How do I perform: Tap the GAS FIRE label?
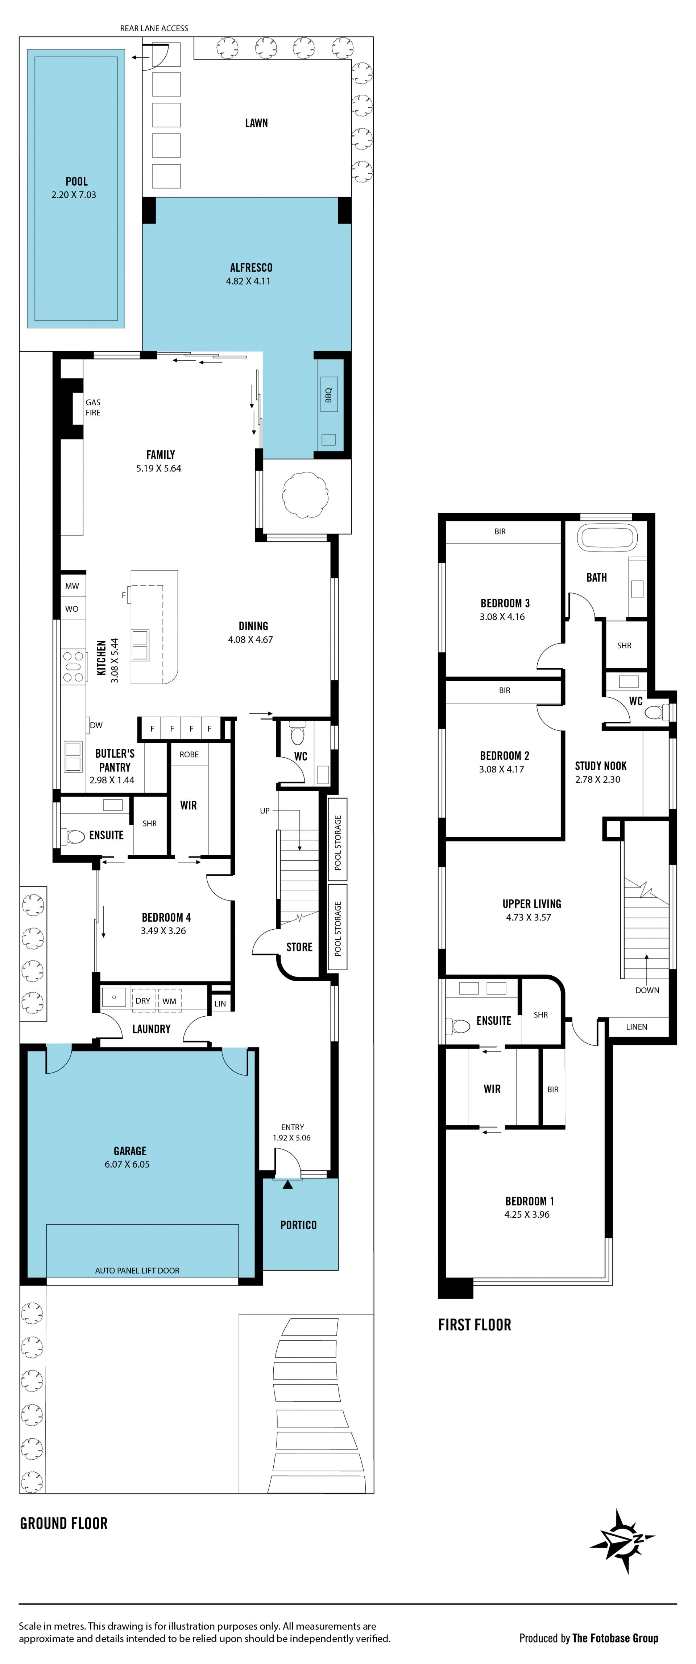pyautogui.click(x=93, y=407)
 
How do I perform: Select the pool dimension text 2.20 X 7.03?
pyautogui.click(x=74, y=194)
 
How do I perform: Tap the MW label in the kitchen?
pyautogui.click(x=72, y=586)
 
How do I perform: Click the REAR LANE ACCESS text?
pyautogui.click(x=154, y=28)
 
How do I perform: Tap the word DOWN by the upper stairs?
pyautogui.click(x=647, y=990)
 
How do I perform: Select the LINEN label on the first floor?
pyautogui.click(x=637, y=1026)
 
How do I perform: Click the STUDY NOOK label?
pyautogui.click(x=600, y=766)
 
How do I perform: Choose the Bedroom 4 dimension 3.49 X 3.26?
pyautogui.click(x=163, y=931)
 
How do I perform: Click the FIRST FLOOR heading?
pyautogui.click(x=475, y=1325)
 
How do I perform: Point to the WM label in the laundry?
pyautogui.click(x=169, y=1001)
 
